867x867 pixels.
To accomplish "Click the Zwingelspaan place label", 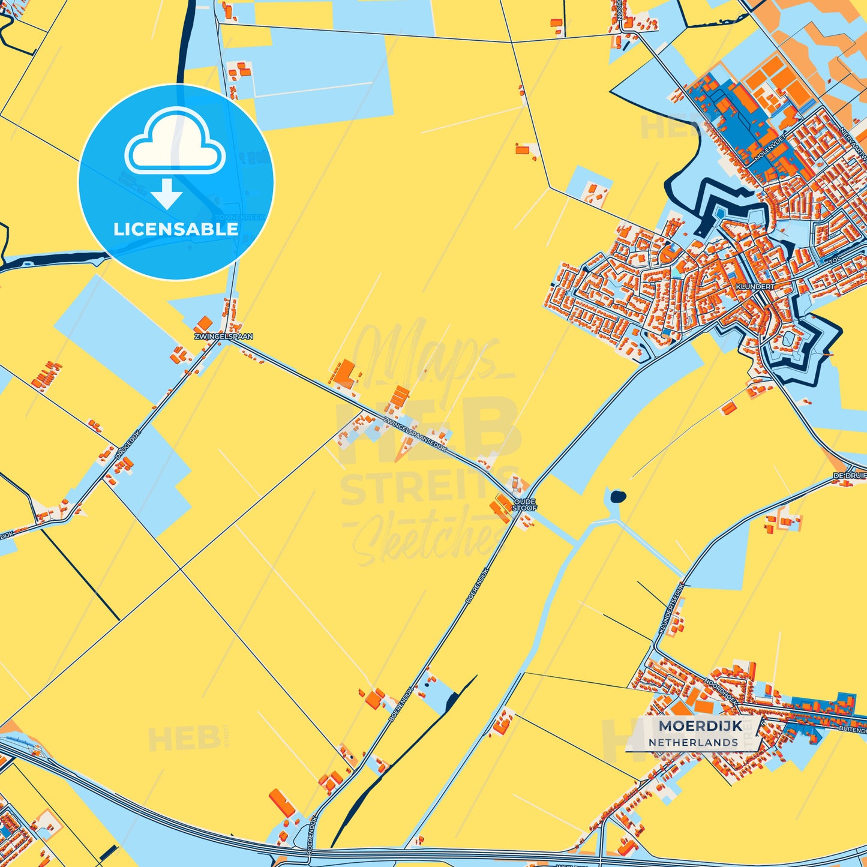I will click(x=223, y=337).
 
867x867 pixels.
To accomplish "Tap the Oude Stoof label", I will click(x=524, y=505).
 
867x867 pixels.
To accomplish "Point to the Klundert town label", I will click(x=755, y=287).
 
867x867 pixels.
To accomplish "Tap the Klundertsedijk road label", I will click(x=671, y=608).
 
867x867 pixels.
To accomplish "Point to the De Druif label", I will click(x=848, y=476).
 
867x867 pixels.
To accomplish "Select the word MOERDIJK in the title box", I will click(x=700, y=726).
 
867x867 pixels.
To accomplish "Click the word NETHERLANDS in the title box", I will click(x=693, y=742).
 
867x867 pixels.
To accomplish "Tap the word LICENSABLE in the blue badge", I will click(x=176, y=229).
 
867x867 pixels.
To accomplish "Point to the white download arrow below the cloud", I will click(x=167, y=194).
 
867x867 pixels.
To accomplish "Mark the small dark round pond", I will click(x=617, y=496).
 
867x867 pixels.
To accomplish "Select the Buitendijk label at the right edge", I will click(x=853, y=730).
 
